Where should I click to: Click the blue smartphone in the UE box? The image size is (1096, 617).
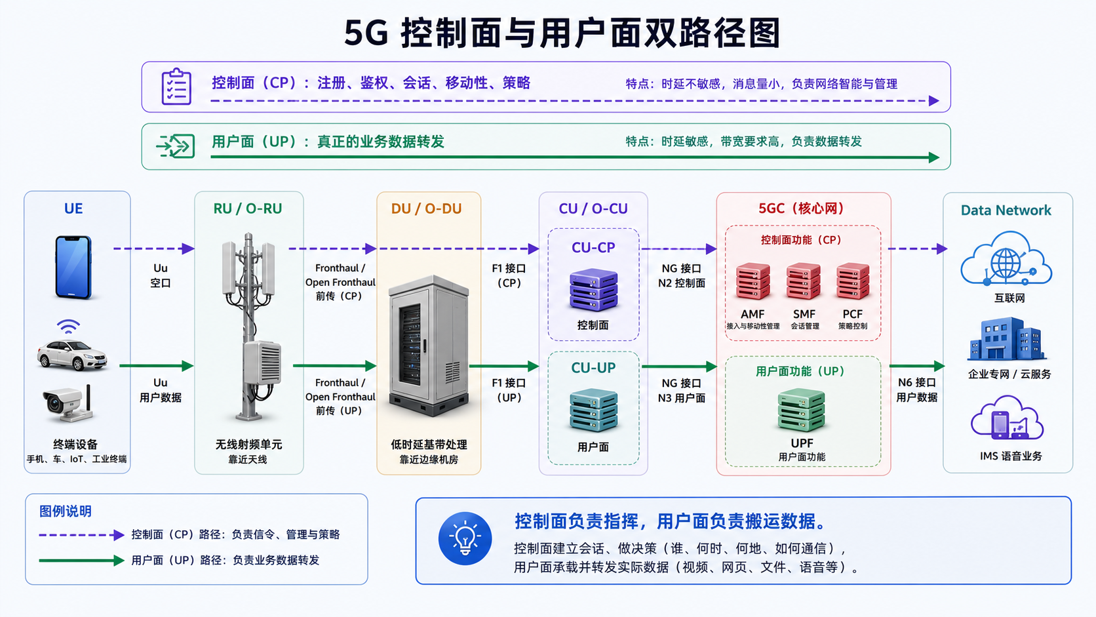tap(73, 267)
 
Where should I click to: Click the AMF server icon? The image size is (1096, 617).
tap(753, 281)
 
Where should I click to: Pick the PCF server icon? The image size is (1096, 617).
tap(853, 281)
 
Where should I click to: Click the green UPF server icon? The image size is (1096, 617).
tap(802, 410)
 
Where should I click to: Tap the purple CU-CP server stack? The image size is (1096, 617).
tap(593, 290)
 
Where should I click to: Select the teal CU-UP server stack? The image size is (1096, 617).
tap(593, 410)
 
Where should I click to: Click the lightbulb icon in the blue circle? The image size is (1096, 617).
tap(465, 538)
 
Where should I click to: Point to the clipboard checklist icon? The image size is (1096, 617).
tap(176, 87)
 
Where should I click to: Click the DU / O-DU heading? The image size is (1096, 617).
tap(426, 209)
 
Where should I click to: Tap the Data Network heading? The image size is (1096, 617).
tap(1006, 210)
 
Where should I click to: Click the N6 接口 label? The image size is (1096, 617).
tap(917, 383)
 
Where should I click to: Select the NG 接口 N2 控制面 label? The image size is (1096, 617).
tap(682, 276)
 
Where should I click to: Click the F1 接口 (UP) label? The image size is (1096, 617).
tap(509, 390)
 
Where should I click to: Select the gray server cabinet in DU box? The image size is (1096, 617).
tap(429, 345)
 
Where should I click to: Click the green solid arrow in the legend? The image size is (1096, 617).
tap(81, 560)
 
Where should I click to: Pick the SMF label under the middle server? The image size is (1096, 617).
tap(804, 314)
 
